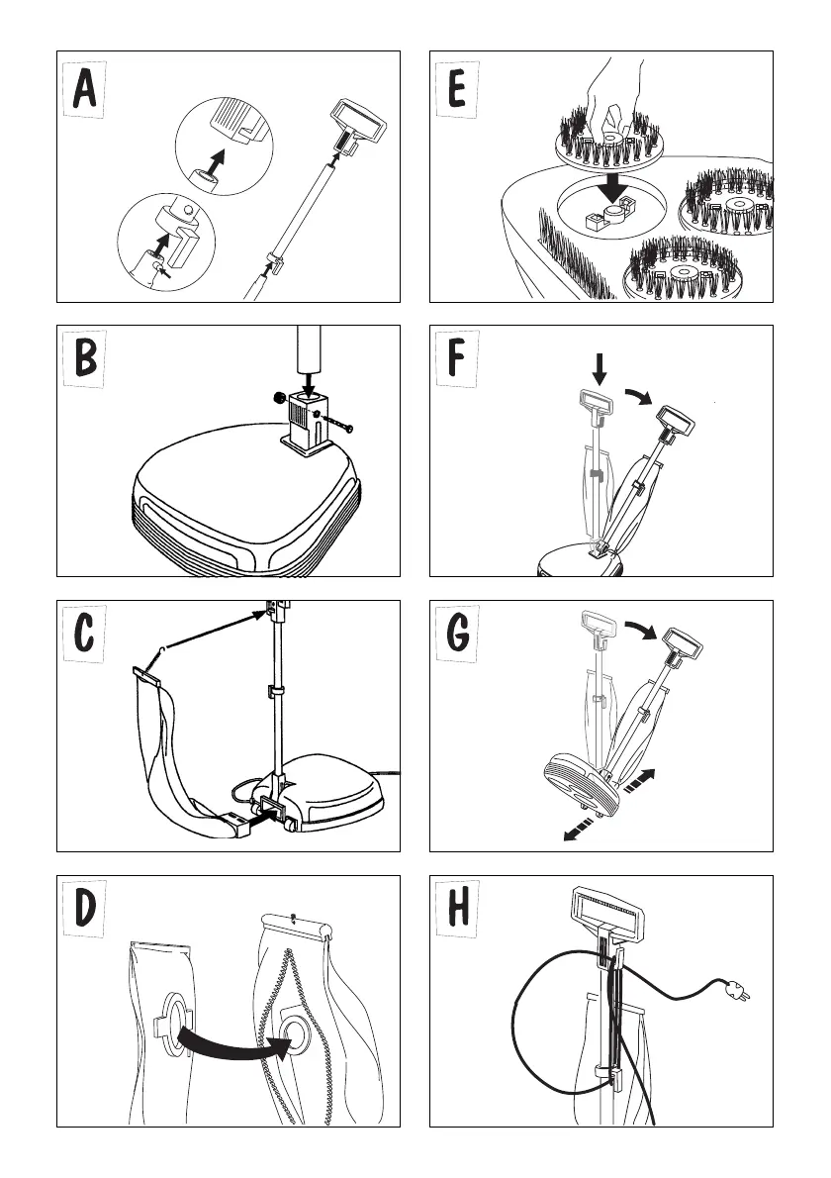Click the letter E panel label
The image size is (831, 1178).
pos(458,91)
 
